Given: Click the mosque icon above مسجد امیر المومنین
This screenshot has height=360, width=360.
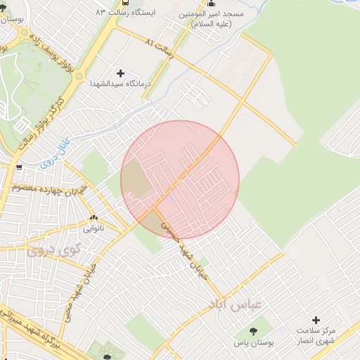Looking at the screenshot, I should click(x=212, y=4).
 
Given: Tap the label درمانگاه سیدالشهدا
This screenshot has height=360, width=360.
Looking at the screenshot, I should click(x=120, y=84).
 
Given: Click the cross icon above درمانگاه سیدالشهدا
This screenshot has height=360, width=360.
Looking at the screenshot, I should click(x=120, y=73).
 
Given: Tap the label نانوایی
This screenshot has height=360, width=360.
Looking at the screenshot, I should click(x=94, y=228).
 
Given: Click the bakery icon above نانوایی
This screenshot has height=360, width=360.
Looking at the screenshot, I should click(x=94, y=218).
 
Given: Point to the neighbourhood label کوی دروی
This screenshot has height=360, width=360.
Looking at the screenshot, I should click(x=53, y=249).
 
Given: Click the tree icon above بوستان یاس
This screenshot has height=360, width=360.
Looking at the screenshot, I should click(x=252, y=329).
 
